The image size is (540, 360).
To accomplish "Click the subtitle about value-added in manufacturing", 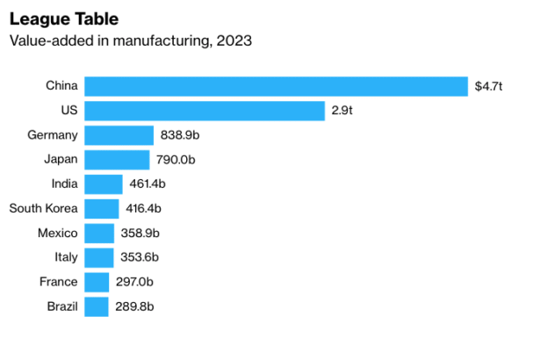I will click(129, 40).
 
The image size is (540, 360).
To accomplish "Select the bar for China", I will click(276, 86).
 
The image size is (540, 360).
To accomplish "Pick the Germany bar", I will click(119, 135).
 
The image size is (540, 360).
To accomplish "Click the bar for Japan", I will click(117, 160).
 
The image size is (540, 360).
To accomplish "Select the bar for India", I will click(104, 184).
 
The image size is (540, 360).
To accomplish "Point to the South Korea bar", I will click(102, 209).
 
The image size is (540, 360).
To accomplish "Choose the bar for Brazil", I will click(97, 306).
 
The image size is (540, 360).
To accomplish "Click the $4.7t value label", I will click(488, 86).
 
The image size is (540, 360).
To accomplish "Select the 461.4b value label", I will click(148, 184).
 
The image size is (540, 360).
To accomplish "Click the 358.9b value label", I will click(140, 234).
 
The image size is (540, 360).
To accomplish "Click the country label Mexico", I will click(58, 234).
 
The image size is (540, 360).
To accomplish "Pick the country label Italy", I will click(66, 257).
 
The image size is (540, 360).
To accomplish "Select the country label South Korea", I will click(44, 209).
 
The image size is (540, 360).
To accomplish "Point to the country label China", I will click(62, 86).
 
